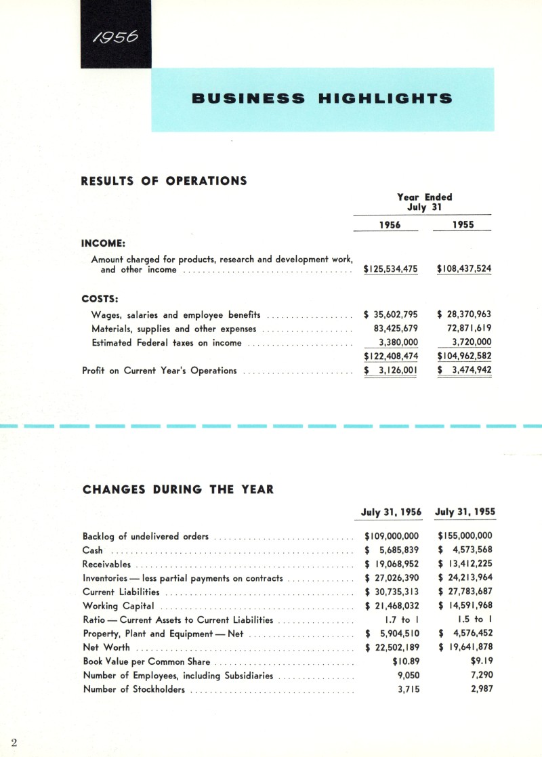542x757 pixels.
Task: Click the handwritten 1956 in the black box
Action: click(115, 35)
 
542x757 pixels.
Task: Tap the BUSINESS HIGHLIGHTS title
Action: click(322, 99)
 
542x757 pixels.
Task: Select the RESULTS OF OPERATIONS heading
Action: click(164, 181)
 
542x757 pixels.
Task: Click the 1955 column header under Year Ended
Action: click(463, 225)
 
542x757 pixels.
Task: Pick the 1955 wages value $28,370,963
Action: click(464, 314)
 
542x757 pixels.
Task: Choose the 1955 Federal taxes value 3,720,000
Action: click(472, 342)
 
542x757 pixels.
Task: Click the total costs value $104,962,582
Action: click(464, 356)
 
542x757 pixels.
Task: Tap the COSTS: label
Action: click(100, 298)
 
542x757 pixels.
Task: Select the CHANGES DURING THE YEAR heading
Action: click(178, 489)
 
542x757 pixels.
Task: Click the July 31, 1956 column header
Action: click(392, 512)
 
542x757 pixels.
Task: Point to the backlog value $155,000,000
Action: click(465, 536)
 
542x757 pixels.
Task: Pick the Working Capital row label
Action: click(119, 606)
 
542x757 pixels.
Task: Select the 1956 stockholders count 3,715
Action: click(404, 689)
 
